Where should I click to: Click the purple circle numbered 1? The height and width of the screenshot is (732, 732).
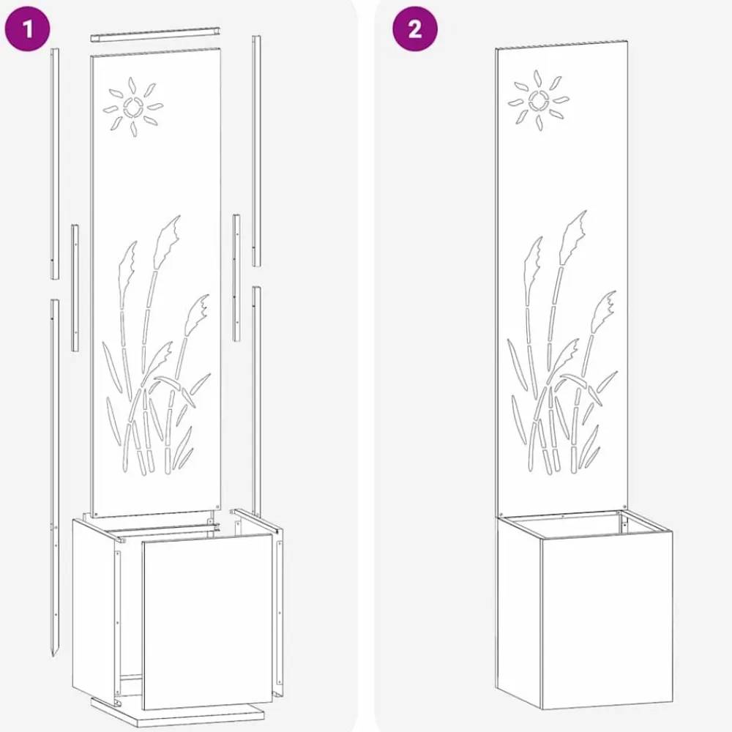[27, 29]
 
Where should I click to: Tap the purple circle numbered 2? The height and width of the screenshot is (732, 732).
[414, 29]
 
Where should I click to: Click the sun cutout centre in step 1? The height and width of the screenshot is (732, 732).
[133, 108]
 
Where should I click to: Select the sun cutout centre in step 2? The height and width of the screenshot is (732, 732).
[539, 100]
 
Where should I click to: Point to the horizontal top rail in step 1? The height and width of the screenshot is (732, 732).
[155, 35]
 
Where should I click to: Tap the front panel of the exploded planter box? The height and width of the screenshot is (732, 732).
[207, 622]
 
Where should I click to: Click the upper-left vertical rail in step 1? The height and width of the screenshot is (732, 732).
[55, 163]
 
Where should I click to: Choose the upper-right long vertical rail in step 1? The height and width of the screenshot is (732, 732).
[256, 150]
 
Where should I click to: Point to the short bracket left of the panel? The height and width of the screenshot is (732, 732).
[75, 288]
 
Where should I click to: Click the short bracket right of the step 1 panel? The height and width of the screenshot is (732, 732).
[236, 277]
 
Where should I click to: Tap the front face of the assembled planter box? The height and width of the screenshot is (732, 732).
[607, 621]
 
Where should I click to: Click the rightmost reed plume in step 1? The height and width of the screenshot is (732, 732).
[197, 314]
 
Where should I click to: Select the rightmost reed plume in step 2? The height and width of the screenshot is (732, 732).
[603, 310]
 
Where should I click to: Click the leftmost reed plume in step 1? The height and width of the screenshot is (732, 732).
[128, 269]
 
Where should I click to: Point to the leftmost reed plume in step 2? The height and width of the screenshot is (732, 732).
[534, 264]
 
